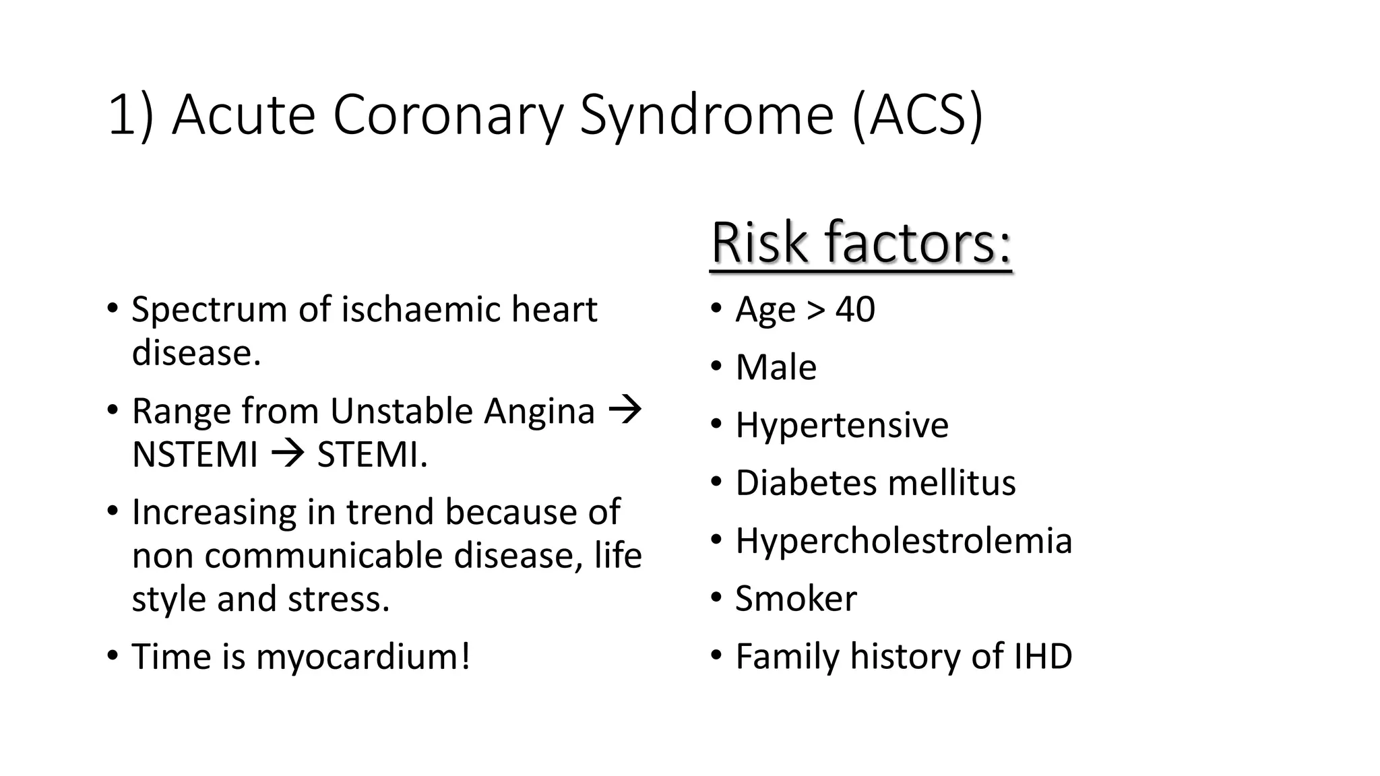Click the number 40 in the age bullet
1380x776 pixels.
pos(855,310)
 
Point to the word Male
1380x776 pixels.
pos(776,368)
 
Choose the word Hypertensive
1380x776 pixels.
pos(842,425)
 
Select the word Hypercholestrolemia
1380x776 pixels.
pos(904,541)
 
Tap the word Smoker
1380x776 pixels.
pos(796,599)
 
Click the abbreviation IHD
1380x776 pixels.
pos(1043,656)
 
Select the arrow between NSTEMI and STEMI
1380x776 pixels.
pos(288,455)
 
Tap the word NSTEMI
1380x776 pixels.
pos(195,455)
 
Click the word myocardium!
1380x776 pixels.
pos(363,657)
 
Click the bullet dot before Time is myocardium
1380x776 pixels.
pos(113,655)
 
